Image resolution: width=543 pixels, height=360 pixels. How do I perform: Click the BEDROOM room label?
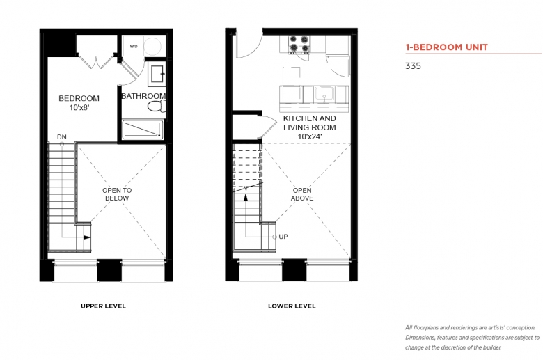coord(79,98)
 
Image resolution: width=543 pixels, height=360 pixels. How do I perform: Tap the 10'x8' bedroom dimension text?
coord(79,107)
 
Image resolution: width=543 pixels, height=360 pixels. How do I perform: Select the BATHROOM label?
coord(143,96)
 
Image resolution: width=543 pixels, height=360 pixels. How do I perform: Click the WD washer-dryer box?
coord(134,46)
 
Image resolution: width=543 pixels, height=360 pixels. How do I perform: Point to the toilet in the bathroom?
coord(157,106)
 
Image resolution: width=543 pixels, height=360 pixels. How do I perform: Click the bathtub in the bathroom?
coord(143,130)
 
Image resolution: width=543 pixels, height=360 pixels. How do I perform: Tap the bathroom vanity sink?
coord(157,74)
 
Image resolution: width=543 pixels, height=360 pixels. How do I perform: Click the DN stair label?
coord(62,137)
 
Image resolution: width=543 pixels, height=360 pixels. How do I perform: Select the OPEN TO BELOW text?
coord(117,194)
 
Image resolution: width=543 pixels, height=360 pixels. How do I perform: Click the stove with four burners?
coord(299,45)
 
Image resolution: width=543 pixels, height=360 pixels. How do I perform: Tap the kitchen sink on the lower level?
coord(324,94)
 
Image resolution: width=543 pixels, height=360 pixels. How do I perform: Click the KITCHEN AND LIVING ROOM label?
coord(310,123)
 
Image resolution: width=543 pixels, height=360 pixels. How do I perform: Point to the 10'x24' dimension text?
coord(310,136)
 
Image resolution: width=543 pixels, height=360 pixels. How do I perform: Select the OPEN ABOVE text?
coord(302,194)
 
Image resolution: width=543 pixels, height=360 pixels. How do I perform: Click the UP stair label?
coord(283,237)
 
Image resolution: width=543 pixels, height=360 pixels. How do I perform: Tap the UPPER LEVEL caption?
coord(103,306)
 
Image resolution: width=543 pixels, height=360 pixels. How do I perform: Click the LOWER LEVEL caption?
coord(292,306)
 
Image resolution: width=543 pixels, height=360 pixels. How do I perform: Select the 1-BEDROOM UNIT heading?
coord(447,47)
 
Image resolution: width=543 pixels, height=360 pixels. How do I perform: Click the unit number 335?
coord(413,66)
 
